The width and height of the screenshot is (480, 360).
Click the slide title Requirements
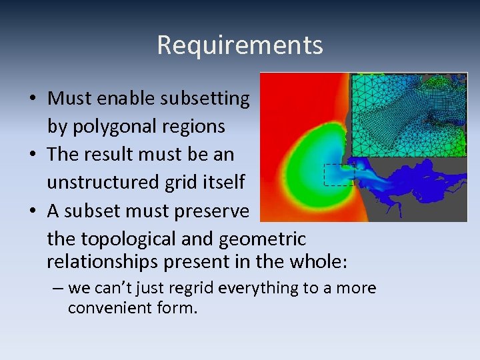click(x=240, y=45)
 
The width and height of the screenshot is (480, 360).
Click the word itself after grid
click(x=221, y=182)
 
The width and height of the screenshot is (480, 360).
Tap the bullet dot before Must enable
click(x=33, y=99)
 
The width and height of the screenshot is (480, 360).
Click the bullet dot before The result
click(x=33, y=155)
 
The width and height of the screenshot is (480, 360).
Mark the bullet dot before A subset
click(x=33, y=211)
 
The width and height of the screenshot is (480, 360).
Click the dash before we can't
click(x=58, y=289)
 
